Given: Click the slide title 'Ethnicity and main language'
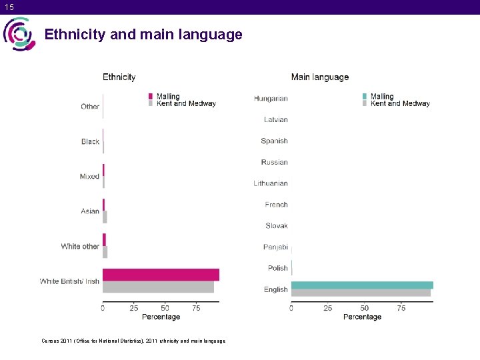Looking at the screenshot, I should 143,35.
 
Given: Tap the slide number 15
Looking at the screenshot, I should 9,7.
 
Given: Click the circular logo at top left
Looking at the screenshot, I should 19,34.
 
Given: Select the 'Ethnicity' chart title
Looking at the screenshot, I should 119,77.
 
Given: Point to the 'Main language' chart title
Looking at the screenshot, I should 320,77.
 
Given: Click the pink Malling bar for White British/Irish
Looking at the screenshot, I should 161,275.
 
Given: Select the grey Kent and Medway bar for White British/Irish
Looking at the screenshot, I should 158,287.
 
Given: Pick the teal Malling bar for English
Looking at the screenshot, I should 362,285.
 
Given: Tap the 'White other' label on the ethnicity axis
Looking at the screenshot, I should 80,247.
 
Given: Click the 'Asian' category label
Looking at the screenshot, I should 90,211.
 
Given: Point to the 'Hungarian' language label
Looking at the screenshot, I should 271,99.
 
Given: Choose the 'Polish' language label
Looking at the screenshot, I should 277,268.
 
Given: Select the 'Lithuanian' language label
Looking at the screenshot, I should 271,183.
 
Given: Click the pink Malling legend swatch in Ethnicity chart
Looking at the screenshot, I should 151,97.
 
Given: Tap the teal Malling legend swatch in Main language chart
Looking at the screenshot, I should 365,97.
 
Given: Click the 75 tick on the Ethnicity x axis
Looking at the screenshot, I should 196,308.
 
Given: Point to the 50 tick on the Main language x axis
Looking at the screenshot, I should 365,308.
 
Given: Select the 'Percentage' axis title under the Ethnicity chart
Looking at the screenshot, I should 161,317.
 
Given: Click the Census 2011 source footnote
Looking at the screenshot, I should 133,341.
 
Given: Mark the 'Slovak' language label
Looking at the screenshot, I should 277,226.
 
